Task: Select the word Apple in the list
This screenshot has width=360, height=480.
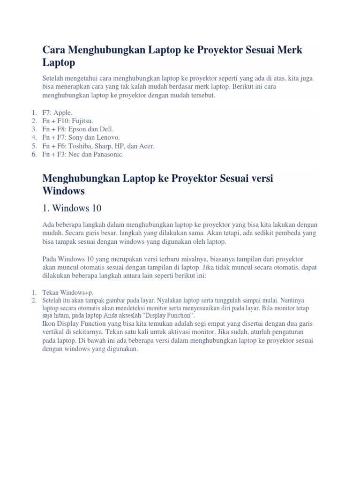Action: pyautogui.click(x=62, y=113)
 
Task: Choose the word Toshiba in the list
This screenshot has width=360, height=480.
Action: pyautogui.click(x=81, y=146)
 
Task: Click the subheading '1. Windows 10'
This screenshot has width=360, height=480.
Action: pyautogui.click(x=72, y=208)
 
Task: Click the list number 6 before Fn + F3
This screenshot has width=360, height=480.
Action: pyautogui.click(x=34, y=154)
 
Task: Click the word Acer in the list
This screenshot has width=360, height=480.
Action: pyautogui.click(x=145, y=146)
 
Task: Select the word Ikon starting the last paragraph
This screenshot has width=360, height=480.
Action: pyautogui.click(x=49, y=324)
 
